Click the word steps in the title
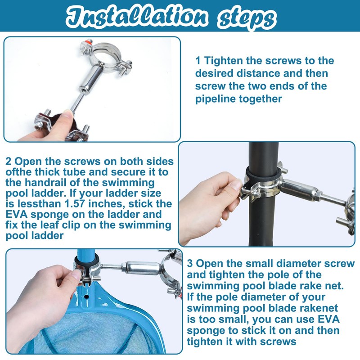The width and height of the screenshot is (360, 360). point(246,19)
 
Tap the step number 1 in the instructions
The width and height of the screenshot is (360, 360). point(198,61)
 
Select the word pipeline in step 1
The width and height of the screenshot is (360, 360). point(216,99)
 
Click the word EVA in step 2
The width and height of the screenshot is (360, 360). point(17,215)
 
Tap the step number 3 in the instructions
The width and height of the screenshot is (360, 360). point(190,263)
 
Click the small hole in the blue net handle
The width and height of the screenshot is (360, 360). point(86,297)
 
